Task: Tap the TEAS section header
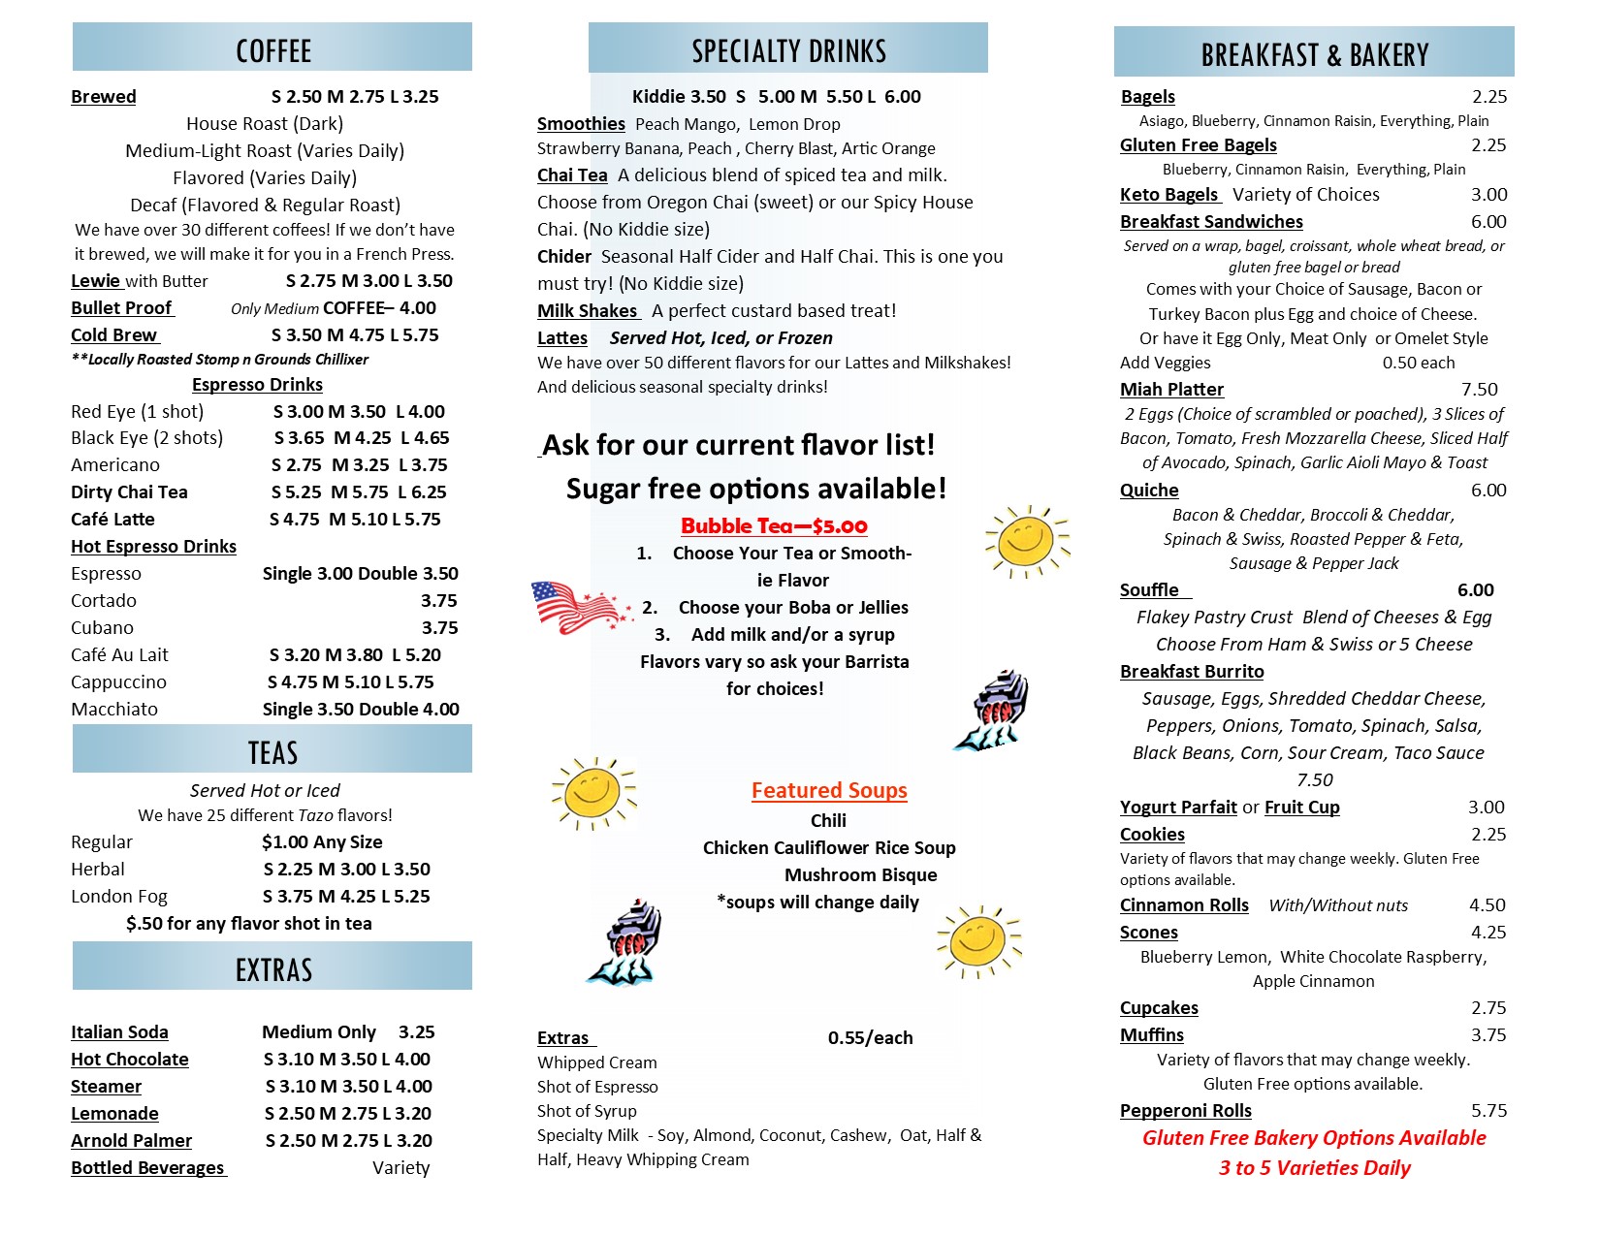point(272,752)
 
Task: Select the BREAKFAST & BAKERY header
point(1314,54)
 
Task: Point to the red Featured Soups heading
point(829,790)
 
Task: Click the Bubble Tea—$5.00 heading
point(774,525)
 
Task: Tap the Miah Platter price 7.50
point(1479,389)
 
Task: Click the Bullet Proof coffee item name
point(121,307)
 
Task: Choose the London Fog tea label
point(119,896)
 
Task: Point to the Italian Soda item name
point(119,1031)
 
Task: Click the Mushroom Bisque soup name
point(860,874)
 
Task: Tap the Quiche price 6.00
point(1488,490)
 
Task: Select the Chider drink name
point(564,256)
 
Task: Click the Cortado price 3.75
point(438,600)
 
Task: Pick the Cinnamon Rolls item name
point(1184,904)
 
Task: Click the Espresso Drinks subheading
point(257,384)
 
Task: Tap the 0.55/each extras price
point(870,1037)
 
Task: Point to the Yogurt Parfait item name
point(1178,807)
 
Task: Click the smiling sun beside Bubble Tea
point(1026,540)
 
